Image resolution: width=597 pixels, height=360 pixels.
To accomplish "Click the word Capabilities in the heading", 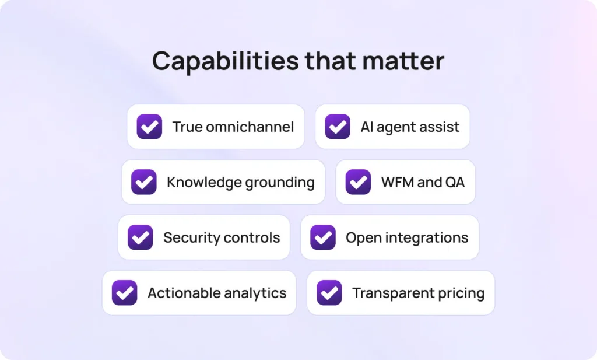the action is coord(226,61).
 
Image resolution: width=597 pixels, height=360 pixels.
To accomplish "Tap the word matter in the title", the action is coord(403,61).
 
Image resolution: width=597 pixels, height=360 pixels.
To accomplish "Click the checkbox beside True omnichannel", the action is coord(149,127).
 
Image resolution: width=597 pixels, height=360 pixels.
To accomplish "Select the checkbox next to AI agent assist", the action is coord(338,127).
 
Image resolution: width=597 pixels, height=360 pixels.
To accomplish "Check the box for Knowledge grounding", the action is coord(144,182).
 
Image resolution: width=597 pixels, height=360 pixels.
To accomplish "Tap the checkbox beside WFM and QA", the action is coord(359,182).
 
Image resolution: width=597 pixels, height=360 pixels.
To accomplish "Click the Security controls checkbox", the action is coord(140,237).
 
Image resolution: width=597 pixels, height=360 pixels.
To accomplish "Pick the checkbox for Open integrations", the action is coord(323,237).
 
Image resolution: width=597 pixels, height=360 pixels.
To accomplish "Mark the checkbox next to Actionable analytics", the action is coord(125,292).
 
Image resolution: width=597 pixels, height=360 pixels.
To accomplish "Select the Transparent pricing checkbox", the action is coord(329,292).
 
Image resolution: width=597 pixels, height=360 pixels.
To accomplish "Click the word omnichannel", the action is coord(250,127).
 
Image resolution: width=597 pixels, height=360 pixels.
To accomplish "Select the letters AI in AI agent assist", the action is coord(367,127).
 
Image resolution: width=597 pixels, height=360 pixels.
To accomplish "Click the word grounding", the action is coord(280,183).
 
